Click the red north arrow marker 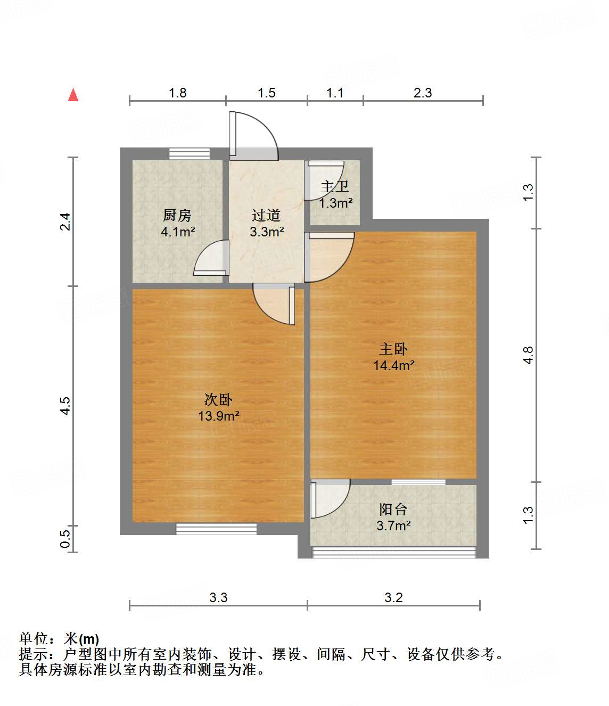pyautogui.click(x=73, y=95)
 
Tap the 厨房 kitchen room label pyautogui.click(x=177, y=216)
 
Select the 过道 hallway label pyautogui.click(x=266, y=216)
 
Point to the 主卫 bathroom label pyautogui.click(x=335, y=187)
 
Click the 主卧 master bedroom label pyautogui.click(x=393, y=349)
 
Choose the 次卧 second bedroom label pyautogui.click(x=218, y=400)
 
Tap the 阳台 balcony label pyautogui.click(x=393, y=510)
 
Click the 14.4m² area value pyautogui.click(x=393, y=366)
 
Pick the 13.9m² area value pyautogui.click(x=218, y=416)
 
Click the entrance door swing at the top pyautogui.click(x=253, y=135)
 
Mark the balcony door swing pyautogui.click(x=330, y=498)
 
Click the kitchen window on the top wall pyautogui.click(x=189, y=153)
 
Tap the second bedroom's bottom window pyautogui.click(x=216, y=529)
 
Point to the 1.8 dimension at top pyautogui.click(x=178, y=93)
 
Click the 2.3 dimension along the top pyautogui.click(x=423, y=93)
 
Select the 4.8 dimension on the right pyautogui.click(x=528, y=355)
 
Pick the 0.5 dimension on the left pyautogui.click(x=65, y=539)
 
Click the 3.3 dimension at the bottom pyautogui.click(x=218, y=598)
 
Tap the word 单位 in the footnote pyautogui.click(x=34, y=639)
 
